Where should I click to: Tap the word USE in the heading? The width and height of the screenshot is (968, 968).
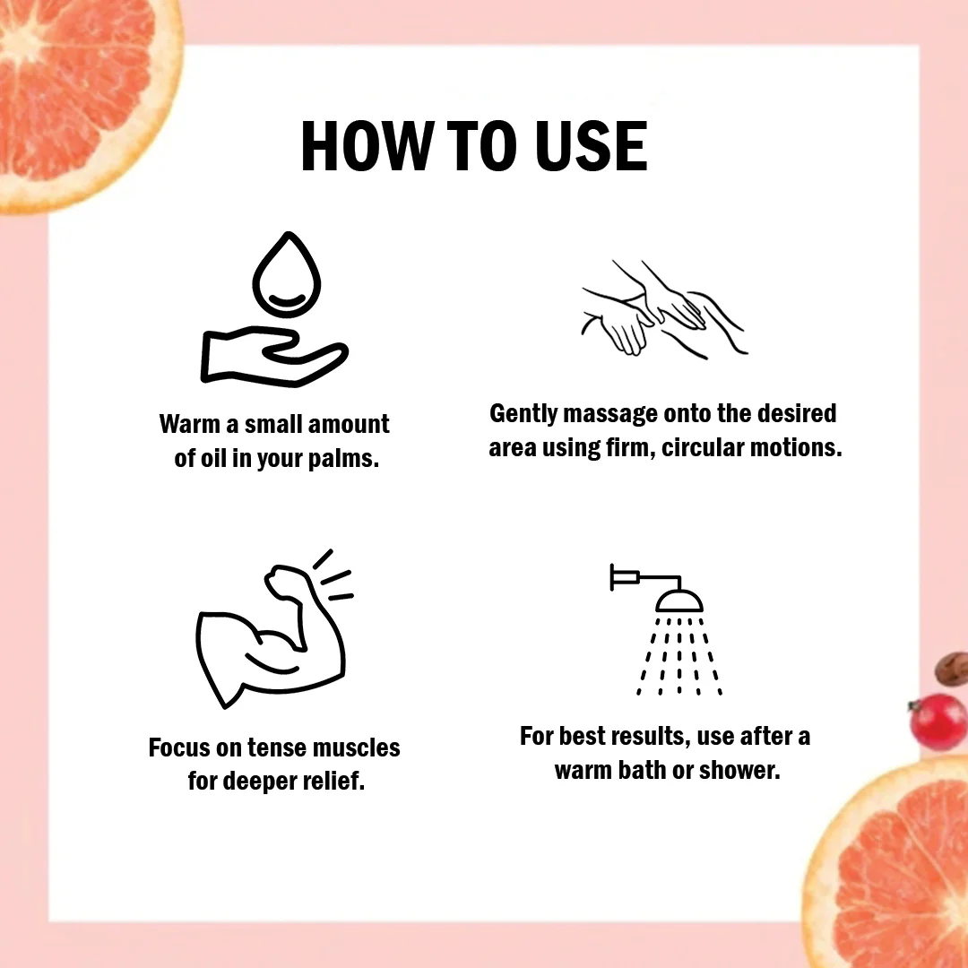coord(592,146)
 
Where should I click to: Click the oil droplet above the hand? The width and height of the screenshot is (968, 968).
coord(287,274)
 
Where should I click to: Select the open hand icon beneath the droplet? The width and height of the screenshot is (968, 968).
coord(274,356)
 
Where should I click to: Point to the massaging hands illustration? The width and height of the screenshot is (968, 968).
coord(664,309)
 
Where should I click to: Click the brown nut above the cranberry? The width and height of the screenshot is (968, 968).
coord(952,668)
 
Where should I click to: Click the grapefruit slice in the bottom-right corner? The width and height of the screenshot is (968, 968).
coord(889,864)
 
